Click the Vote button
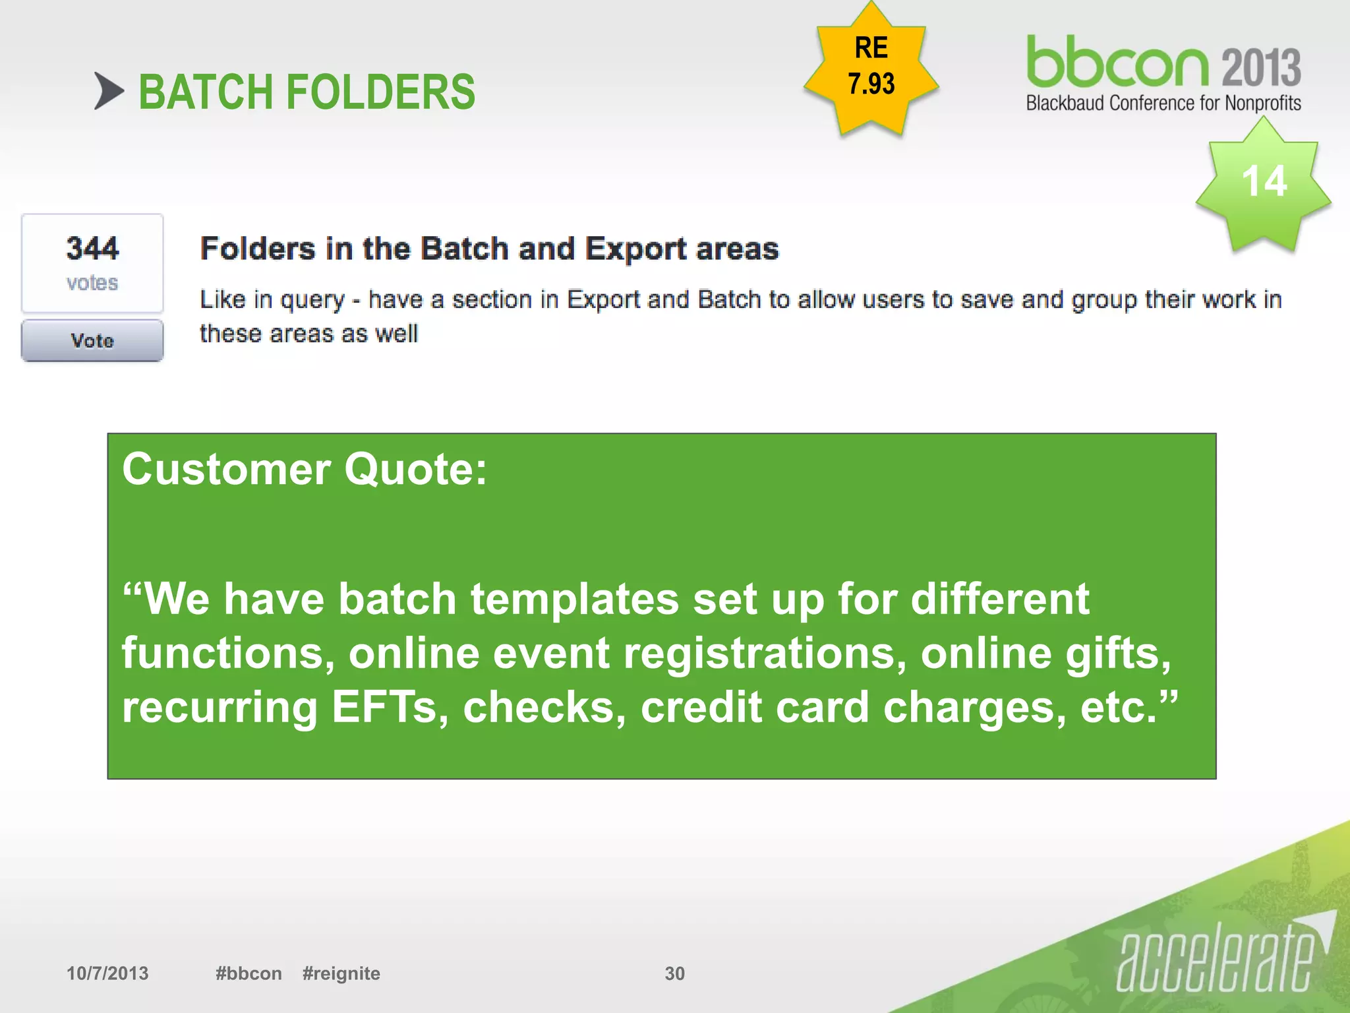(92, 340)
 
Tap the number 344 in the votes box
(92, 249)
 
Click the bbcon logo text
(1117, 62)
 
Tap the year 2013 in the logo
(1261, 67)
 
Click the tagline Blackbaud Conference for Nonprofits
(1163, 104)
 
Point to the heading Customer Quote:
(305, 470)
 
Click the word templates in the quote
(574, 599)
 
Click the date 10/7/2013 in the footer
(107, 973)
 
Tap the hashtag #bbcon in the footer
(249, 973)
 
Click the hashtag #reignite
(341, 973)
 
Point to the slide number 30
(674, 973)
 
